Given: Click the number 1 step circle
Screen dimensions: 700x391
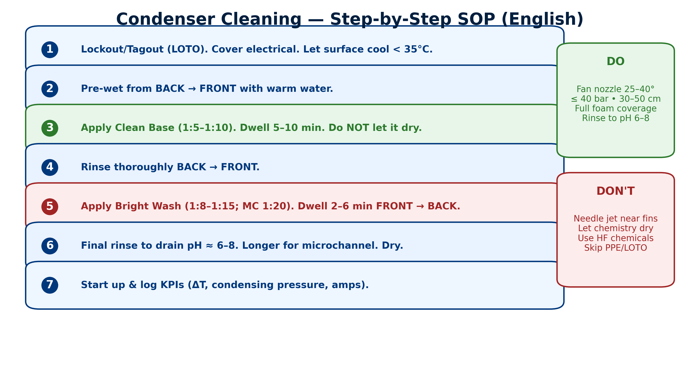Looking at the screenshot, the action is (x=50, y=50).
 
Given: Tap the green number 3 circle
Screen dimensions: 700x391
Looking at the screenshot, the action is (x=50, y=128).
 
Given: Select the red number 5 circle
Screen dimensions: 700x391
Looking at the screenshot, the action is (x=50, y=207).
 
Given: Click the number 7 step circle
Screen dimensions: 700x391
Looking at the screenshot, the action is (x=50, y=285).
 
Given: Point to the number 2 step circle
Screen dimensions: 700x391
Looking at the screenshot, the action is (x=50, y=89).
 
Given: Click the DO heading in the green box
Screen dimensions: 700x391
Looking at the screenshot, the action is (x=615, y=61).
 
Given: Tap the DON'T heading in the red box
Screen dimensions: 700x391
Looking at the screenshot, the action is (x=615, y=191).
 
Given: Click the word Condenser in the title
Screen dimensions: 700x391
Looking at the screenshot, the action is (x=209, y=19).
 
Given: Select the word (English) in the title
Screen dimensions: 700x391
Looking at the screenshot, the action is (x=542, y=19).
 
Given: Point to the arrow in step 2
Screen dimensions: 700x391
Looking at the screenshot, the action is (x=192, y=89).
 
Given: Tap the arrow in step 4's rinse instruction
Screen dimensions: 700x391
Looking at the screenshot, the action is (x=213, y=167).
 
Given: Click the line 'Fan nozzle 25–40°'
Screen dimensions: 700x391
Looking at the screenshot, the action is (x=615, y=89).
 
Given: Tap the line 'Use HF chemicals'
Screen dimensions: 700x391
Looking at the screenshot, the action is (x=615, y=238).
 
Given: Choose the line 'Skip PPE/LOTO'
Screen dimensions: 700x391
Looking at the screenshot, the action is (x=615, y=248).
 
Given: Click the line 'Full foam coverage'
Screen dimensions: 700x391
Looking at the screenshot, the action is (x=615, y=108).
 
